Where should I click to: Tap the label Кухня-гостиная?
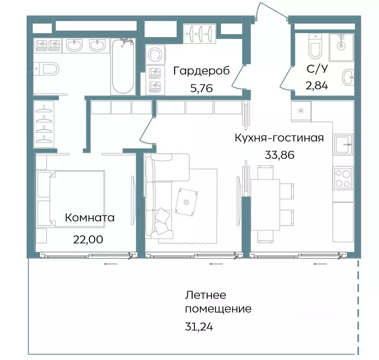[279, 138]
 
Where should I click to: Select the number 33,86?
[279, 155]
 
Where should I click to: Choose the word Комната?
[89, 218]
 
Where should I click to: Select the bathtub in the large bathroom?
[123, 66]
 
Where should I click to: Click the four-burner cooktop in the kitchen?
[343, 178]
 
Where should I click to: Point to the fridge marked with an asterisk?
[300, 111]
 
